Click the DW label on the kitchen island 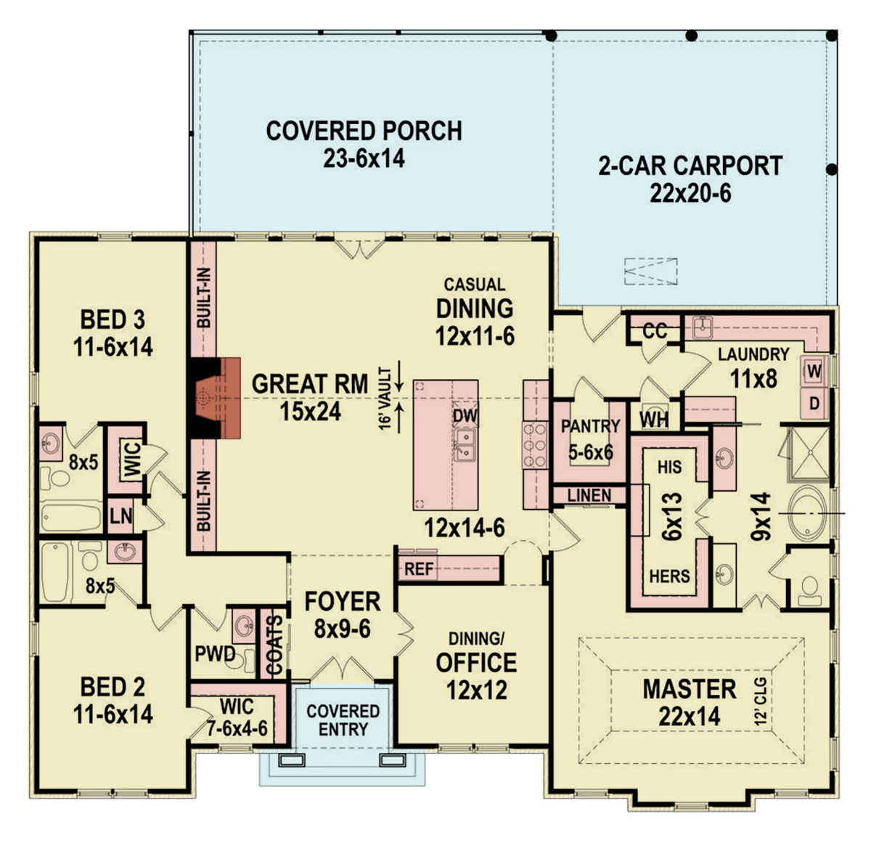465,415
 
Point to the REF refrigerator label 419,569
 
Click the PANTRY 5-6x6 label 590,439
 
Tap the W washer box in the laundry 814,372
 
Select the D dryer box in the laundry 814,402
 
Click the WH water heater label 653,420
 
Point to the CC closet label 655,331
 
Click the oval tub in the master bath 806,514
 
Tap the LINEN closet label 589,495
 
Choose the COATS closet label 274,646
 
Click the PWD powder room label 215,653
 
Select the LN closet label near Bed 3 121,516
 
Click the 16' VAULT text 385,399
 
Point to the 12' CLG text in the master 760,701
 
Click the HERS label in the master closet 669,576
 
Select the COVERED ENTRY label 343,720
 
